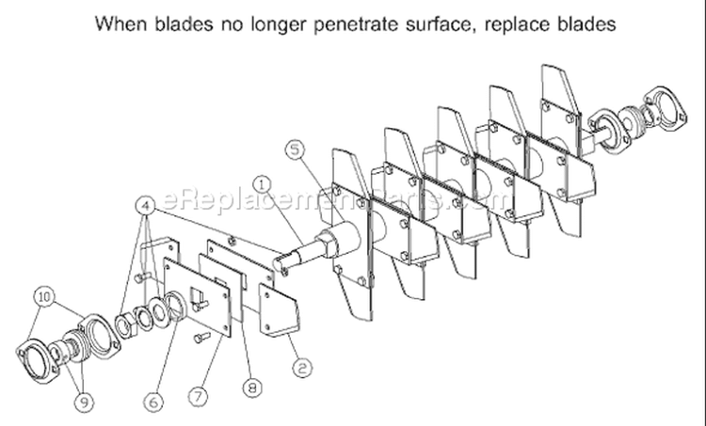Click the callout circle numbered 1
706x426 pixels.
click(263, 185)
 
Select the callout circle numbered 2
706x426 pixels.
click(302, 368)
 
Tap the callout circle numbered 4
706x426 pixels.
click(145, 206)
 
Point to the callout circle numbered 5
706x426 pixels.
click(295, 150)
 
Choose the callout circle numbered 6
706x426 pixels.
click(153, 402)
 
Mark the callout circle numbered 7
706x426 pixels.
click(198, 397)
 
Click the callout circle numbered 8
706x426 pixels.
click(251, 387)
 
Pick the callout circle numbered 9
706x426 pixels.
click(84, 402)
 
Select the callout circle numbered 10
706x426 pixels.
click(44, 297)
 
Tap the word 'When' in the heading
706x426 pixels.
click(120, 24)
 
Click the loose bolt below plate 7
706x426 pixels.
click(202, 337)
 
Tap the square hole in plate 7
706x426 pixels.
click(199, 297)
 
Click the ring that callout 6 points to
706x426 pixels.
click(176, 307)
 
